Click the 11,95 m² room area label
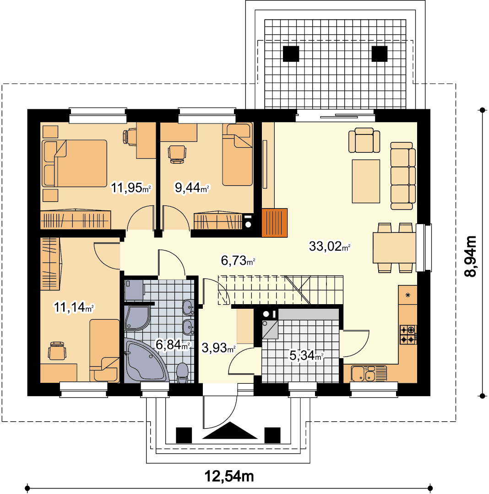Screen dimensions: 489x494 tap(131, 188)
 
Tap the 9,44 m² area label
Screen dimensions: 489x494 tap(192, 188)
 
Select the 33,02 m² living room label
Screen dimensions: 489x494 tap(330, 246)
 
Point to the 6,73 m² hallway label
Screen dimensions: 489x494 tap(238, 261)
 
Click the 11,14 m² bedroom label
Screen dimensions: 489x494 tap(74, 307)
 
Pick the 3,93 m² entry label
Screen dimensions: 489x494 tap(218, 348)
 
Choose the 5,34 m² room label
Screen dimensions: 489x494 tap(306, 356)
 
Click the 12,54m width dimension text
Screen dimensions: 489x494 tap(229, 476)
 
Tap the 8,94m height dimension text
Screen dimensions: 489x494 tap(471, 256)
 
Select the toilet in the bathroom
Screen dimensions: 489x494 tap(182, 373)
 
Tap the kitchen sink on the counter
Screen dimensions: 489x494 tap(369, 373)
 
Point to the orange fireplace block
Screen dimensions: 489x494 tap(275, 223)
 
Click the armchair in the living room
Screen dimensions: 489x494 tap(364, 140)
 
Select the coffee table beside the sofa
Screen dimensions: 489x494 tap(366, 181)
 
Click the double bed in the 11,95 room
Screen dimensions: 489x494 tap(75, 163)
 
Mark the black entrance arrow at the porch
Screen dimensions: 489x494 tap(230, 430)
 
